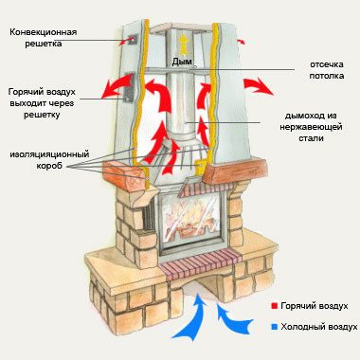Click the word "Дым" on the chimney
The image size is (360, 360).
[182, 61]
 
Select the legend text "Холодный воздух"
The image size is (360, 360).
[317, 327]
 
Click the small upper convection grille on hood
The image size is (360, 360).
[132, 39]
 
